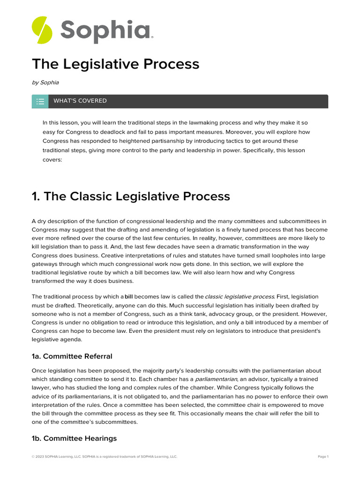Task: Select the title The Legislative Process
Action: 115,64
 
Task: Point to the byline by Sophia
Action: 45,82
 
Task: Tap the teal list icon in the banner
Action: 40,101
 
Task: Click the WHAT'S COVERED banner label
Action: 80,101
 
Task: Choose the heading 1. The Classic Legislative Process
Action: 131,196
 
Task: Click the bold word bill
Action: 129,297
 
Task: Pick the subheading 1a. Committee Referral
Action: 72,356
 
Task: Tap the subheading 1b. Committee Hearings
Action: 74,438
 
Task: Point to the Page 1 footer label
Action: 323,457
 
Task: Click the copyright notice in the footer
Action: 105,457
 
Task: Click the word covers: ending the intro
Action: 52,159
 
